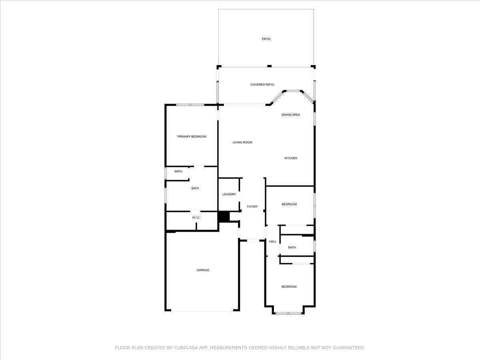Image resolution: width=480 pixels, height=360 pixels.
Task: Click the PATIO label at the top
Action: tap(266, 39)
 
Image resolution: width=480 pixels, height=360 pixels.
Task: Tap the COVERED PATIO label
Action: tap(262, 84)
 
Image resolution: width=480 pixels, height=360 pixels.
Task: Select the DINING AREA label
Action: tap(291, 115)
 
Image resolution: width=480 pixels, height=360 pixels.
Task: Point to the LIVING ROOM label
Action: tap(242, 142)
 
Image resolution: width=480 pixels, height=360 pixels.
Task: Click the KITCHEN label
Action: tap(291, 158)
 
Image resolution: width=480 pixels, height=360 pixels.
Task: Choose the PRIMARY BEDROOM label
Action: tap(192, 137)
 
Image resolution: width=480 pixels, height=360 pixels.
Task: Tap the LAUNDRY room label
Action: tap(229, 194)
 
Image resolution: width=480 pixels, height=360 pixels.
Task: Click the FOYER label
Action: tap(252, 206)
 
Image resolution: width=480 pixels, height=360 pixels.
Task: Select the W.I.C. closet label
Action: tap(196, 218)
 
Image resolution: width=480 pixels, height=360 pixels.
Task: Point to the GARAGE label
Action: tap(203, 270)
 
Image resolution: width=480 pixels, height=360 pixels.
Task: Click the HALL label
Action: tap(273, 242)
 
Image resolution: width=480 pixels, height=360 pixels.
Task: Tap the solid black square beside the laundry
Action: tap(224, 217)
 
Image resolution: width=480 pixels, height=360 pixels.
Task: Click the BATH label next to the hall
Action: tap(292, 248)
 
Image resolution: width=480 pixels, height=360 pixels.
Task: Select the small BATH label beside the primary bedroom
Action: tap(178, 171)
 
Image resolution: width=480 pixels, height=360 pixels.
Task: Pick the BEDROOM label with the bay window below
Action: tap(289, 287)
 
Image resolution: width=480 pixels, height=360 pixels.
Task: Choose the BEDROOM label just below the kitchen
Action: tap(289, 204)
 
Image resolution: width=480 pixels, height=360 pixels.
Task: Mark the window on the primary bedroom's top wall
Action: tap(190, 105)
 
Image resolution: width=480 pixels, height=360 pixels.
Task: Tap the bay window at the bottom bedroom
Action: tap(288, 314)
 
